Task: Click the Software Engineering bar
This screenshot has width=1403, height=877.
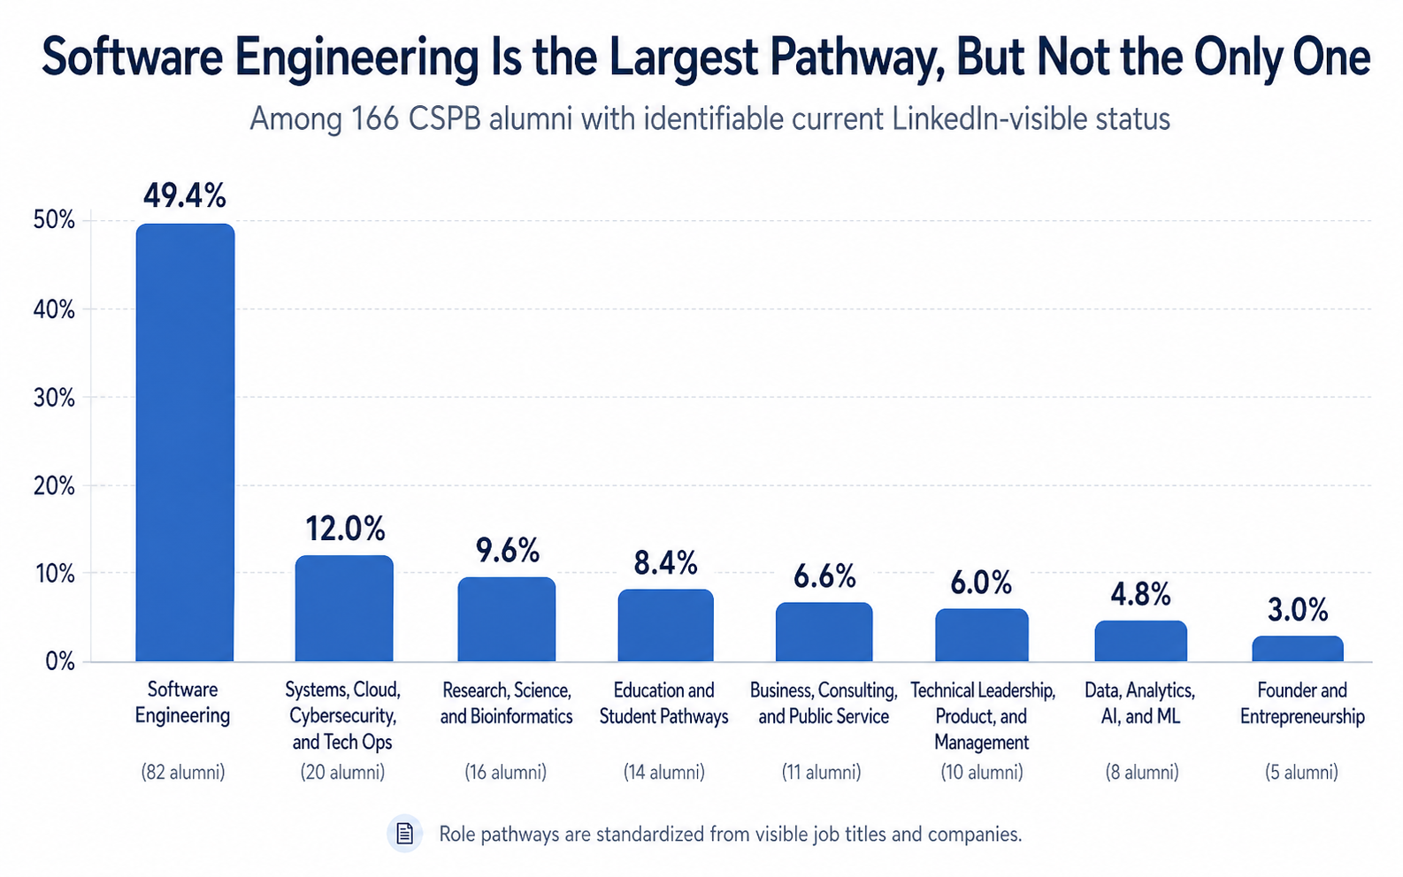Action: pos(185,442)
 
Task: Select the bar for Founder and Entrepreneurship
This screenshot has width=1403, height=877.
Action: pos(1298,649)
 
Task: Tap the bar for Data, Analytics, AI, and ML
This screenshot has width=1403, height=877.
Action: pos(1140,641)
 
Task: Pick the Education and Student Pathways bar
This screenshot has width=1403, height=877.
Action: pos(665,625)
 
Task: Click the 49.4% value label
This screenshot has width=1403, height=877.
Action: pos(185,195)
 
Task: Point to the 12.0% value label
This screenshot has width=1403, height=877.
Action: pos(345,529)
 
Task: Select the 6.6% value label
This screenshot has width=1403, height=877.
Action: pos(824,576)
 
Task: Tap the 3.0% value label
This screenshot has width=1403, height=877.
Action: pos(1298,610)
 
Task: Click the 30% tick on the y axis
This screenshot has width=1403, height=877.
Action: pos(54,398)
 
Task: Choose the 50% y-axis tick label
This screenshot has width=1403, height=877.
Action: pos(54,220)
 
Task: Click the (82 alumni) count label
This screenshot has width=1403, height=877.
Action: pos(183,772)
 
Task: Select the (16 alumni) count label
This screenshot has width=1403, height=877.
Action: pos(506,772)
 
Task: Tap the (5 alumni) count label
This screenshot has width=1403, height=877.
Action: pos(1301,772)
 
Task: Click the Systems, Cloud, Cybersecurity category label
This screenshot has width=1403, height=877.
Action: pos(342,715)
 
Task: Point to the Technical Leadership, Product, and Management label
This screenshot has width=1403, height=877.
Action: pos(982,715)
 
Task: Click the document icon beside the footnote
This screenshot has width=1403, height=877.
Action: pos(404,833)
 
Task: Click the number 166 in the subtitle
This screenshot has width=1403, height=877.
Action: pos(374,118)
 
